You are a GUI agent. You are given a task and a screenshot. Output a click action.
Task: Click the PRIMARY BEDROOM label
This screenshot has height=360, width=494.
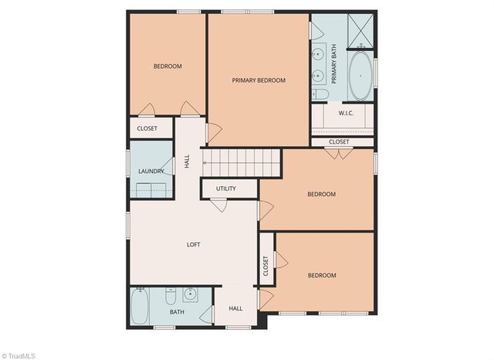259,80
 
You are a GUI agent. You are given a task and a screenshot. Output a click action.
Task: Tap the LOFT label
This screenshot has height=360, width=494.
193,245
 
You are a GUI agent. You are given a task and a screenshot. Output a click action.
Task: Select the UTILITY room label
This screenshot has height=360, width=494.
226,189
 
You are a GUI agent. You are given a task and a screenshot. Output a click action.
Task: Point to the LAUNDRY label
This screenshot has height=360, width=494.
151,172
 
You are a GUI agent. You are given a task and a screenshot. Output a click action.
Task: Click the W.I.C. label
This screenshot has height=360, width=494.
346,114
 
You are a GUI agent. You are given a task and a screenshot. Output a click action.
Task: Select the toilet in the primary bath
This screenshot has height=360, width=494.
320,94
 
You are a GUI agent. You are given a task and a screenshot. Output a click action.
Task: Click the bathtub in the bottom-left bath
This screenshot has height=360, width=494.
140,307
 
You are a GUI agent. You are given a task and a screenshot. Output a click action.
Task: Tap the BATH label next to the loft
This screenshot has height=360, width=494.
177,312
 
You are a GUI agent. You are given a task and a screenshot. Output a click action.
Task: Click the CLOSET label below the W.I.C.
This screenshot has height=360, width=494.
339,142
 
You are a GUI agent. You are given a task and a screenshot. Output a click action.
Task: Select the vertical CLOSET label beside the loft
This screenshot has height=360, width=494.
266,267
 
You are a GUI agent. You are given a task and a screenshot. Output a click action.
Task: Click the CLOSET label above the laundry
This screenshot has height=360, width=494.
147,128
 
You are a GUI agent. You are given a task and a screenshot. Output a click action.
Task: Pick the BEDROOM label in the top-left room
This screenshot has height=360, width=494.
167,66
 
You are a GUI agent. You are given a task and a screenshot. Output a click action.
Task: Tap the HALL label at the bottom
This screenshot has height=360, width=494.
235,308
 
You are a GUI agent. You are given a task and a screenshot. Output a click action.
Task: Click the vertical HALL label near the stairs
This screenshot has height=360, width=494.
187,162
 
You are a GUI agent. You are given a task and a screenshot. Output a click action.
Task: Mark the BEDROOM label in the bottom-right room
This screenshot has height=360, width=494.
322,276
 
